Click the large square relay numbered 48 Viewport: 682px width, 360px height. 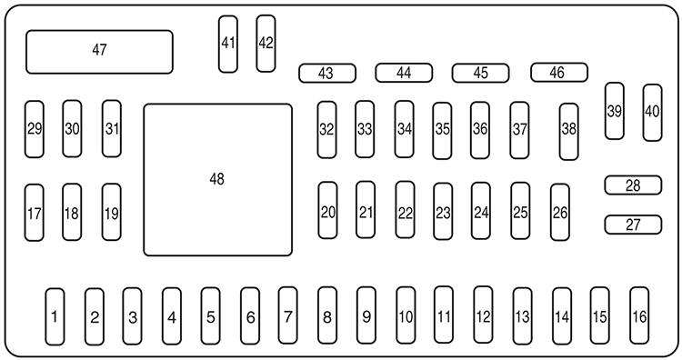pyautogui.click(x=217, y=179)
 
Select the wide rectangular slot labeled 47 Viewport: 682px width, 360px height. pyautogui.click(x=99, y=51)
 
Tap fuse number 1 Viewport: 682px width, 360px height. pyautogui.click(x=55, y=316)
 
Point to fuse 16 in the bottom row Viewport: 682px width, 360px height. pyautogui.click(x=639, y=315)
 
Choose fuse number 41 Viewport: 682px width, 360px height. pyautogui.click(x=227, y=43)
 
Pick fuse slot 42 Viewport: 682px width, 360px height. pyautogui.click(x=266, y=43)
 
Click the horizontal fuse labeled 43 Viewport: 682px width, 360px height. pyautogui.click(x=326, y=73)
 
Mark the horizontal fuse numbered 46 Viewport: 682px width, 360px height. pyautogui.click(x=558, y=72)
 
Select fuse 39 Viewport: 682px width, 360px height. pyautogui.click(x=615, y=111)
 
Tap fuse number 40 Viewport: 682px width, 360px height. pyautogui.click(x=652, y=112)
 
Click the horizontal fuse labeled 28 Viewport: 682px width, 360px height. pyautogui.click(x=633, y=185)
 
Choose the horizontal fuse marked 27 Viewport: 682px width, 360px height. pyautogui.click(x=633, y=224)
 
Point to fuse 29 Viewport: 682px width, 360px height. pyautogui.click(x=35, y=128)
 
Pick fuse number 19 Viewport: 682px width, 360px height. pyautogui.click(x=111, y=212)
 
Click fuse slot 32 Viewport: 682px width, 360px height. pyautogui.click(x=326, y=128)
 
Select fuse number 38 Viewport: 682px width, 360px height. pyautogui.click(x=569, y=131)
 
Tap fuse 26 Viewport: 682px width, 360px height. pyautogui.click(x=560, y=213)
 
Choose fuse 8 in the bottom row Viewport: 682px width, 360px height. pyautogui.click(x=326, y=316)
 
